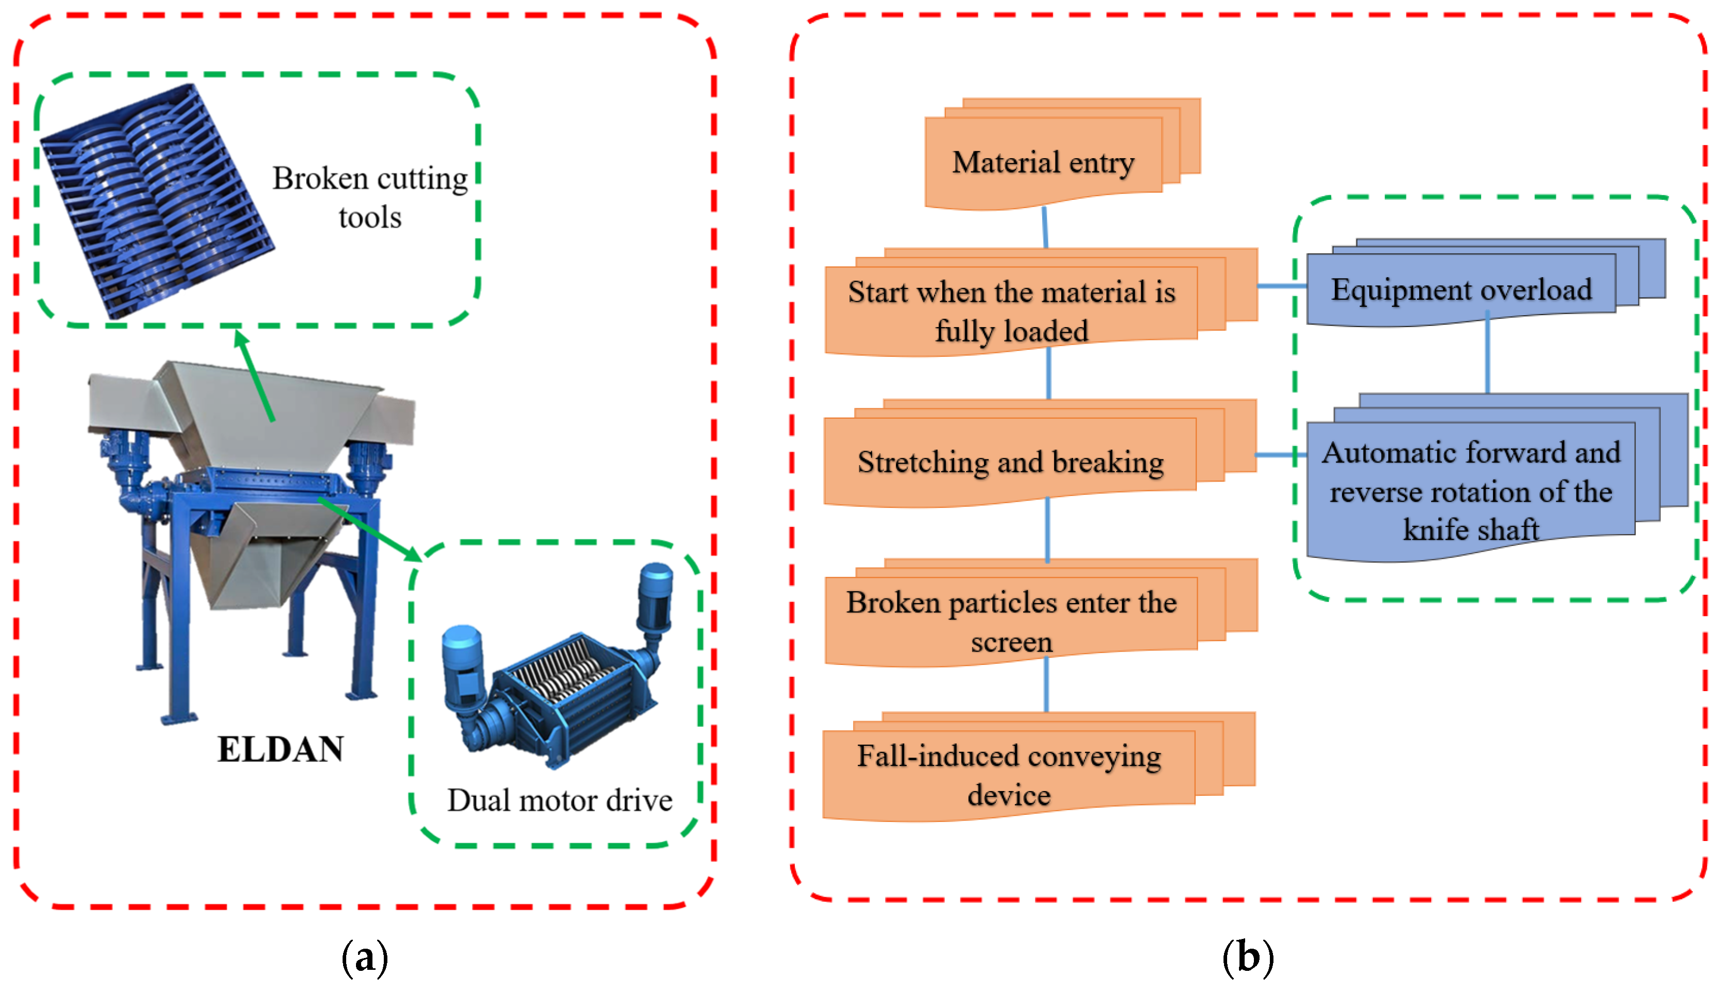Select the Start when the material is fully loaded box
[x=1011, y=311]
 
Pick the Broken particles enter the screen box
[x=1011, y=621]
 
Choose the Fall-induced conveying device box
[x=1009, y=775]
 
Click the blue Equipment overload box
[x=1462, y=289]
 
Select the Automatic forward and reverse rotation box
[x=1471, y=490]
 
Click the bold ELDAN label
[x=281, y=749]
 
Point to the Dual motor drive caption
[x=560, y=800]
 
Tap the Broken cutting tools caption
[x=370, y=197]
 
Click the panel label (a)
[x=364, y=957]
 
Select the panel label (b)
[x=1248, y=957]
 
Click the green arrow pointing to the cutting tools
[x=254, y=375]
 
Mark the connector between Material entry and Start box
[x=1045, y=227]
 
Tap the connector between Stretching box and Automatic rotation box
[x=1280, y=455]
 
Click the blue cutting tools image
[x=157, y=200]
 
